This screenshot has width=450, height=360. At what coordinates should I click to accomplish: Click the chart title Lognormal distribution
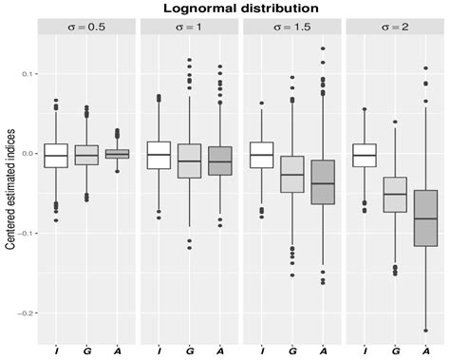click(237, 9)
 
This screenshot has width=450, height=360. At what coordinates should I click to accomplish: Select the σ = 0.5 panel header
click(86, 27)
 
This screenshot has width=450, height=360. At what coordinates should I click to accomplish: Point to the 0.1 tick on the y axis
click(28, 73)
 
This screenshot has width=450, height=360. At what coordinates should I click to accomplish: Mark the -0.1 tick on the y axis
click(27, 233)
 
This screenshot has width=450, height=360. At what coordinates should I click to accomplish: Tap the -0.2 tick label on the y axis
click(27, 313)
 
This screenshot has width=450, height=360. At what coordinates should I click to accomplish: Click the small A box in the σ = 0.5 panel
click(116, 153)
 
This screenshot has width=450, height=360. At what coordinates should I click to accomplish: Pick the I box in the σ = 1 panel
click(159, 155)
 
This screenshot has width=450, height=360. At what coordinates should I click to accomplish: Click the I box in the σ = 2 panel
click(364, 155)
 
